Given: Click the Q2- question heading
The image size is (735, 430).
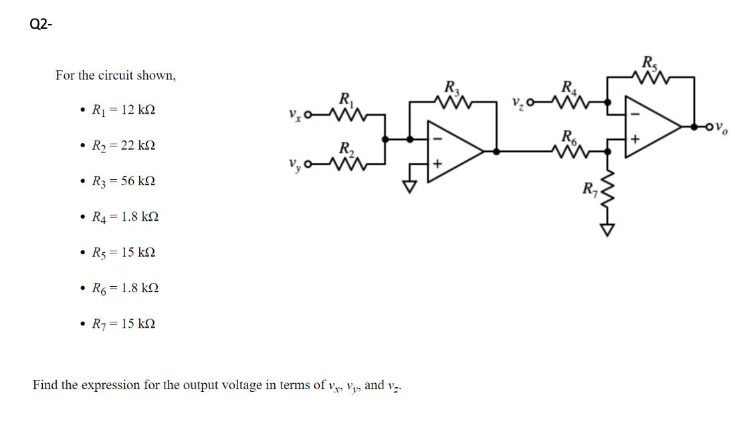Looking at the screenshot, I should coord(41,25).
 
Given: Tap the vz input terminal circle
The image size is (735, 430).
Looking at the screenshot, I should coord(531,103).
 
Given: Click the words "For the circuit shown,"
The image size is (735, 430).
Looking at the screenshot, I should coord(116,76).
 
